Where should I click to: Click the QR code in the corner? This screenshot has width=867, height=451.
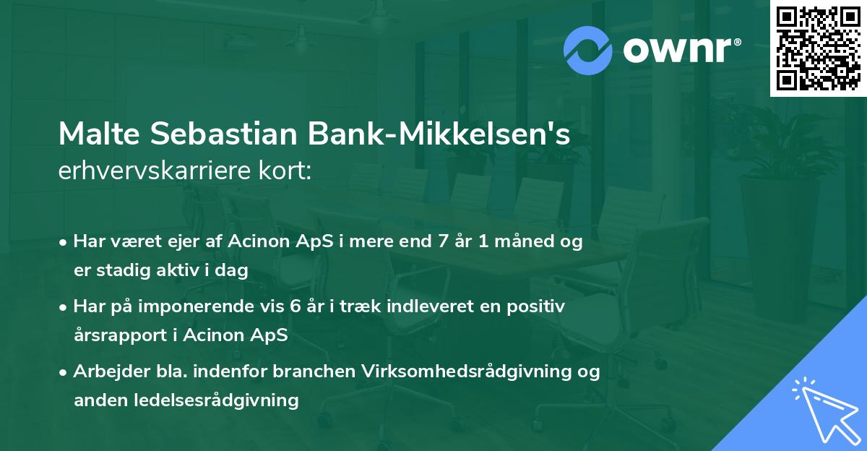[818, 48]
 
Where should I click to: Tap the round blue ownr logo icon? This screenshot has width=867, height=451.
[588, 50]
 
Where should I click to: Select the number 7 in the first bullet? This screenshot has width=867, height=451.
[438, 242]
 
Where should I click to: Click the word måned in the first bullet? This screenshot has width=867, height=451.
[521, 242]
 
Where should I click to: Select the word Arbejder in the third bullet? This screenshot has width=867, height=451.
[105, 371]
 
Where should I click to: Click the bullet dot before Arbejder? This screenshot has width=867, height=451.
[64, 372]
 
